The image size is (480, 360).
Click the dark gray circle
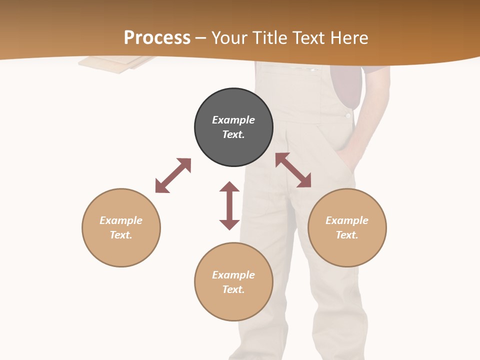233,127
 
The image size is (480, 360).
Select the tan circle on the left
121,227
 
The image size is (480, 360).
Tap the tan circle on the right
347,227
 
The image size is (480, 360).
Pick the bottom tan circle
233,282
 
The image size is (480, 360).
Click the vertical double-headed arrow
229,205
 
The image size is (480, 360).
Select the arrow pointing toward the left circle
173,175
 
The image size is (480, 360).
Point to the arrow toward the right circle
293,170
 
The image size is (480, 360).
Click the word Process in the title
157,37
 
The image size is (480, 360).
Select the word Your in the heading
228,37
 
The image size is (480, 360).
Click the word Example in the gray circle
233,120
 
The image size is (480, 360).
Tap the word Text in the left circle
121,235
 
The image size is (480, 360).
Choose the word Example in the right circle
347,220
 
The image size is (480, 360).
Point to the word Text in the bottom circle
233,289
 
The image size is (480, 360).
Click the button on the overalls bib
347,115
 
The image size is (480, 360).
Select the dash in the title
200,38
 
